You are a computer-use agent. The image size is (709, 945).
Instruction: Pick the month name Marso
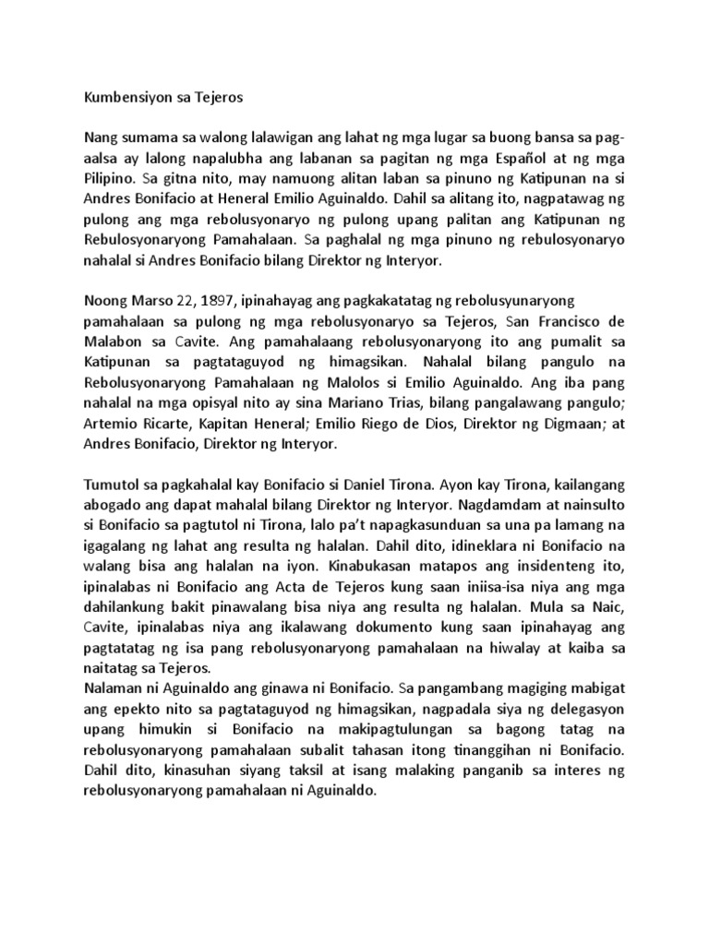tap(153, 302)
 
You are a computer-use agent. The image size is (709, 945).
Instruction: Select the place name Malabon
tap(114, 342)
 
